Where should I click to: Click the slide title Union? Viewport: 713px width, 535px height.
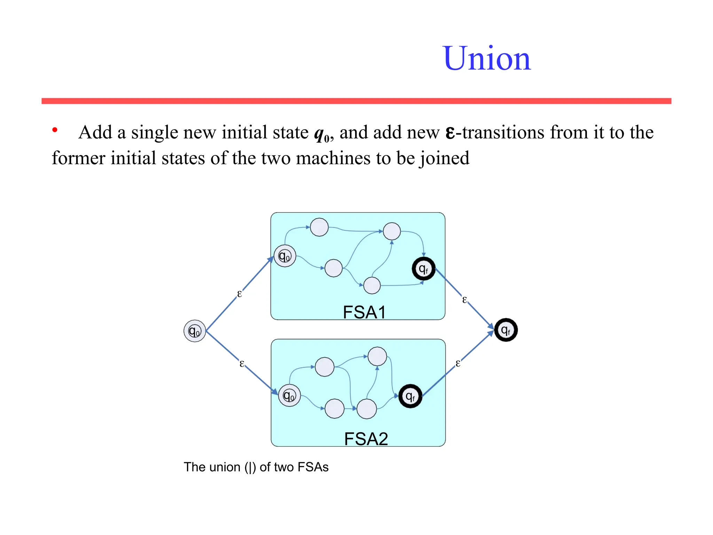(487, 59)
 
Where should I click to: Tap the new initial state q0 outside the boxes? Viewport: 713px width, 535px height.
(195, 331)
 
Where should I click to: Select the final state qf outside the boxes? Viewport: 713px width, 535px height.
(506, 330)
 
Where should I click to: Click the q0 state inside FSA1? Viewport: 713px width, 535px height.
(285, 256)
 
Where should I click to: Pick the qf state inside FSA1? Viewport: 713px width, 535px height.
(423, 269)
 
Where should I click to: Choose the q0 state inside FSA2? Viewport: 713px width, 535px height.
(289, 396)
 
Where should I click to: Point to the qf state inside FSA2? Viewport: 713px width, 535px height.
(410, 396)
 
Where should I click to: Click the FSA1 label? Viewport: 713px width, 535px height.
(364, 312)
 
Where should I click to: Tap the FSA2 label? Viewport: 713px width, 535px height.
(366, 439)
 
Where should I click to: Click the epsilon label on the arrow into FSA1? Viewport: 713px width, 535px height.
(239, 294)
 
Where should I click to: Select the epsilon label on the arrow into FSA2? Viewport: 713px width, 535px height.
(242, 364)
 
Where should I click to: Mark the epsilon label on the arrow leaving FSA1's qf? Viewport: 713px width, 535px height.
(464, 300)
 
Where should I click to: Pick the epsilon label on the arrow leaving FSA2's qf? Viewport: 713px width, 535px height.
(458, 364)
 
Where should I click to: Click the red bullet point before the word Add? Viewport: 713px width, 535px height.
(55, 130)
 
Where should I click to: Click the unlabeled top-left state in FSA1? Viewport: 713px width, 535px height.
(319, 227)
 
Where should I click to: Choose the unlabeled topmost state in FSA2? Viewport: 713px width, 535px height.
(377, 356)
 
